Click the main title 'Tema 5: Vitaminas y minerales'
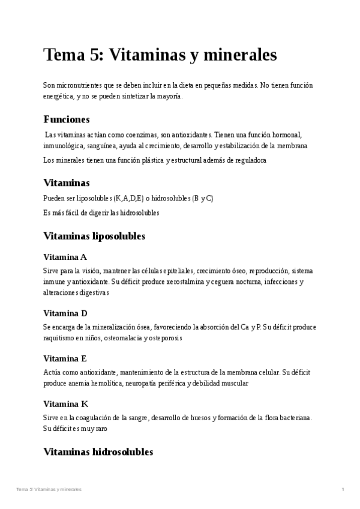click(160, 55)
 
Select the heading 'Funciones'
click(67, 119)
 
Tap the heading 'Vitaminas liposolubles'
click(94, 236)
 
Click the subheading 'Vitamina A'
click(65, 257)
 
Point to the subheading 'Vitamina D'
click(65, 313)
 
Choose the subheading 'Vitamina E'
click(65, 358)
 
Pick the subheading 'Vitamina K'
click(66, 403)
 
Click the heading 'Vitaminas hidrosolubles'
click(98, 451)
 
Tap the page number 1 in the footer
click(343, 490)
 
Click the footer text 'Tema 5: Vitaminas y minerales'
click(49, 490)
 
